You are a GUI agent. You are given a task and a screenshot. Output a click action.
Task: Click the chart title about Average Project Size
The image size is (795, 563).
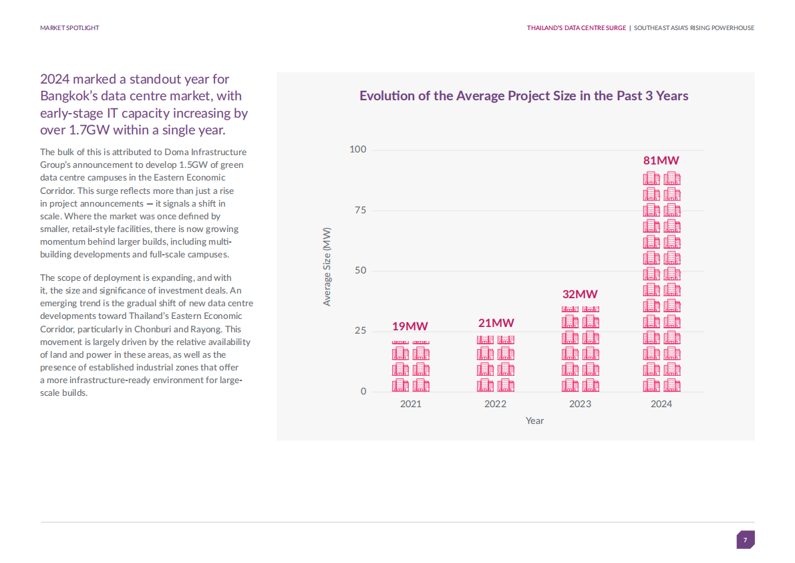point(524,96)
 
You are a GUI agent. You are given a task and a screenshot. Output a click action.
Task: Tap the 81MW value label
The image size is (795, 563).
point(661,160)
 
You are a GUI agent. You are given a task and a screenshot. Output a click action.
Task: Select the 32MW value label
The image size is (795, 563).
point(580,294)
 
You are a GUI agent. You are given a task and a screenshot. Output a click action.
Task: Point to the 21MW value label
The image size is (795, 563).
point(496,324)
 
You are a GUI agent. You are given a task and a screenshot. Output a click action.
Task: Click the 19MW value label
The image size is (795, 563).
point(410,326)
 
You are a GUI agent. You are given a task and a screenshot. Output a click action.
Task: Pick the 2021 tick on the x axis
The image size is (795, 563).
point(410,404)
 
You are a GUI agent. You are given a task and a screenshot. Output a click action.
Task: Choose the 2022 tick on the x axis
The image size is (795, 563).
point(495,404)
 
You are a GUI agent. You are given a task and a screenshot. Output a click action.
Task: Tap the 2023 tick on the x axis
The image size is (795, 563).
point(580,404)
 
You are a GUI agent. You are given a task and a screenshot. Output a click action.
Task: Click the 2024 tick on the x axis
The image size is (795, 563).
point(661,404)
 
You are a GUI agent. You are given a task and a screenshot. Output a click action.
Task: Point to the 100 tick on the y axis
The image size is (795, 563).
point(358,149)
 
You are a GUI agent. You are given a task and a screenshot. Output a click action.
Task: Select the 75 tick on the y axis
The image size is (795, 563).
point(360,210)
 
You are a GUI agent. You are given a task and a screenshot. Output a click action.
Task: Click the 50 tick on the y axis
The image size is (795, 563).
point(360,271)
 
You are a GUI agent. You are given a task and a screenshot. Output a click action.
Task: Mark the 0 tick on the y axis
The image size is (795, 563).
point(363,391)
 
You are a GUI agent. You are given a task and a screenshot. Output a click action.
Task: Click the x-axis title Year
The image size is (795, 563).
point(534,421)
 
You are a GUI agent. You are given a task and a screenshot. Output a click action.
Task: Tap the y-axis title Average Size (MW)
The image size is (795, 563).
point(327,266)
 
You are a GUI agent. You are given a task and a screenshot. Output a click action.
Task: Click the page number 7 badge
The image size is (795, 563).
point(746,540)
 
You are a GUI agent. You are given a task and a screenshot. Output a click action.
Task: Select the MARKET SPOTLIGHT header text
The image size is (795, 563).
point(69,28)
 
